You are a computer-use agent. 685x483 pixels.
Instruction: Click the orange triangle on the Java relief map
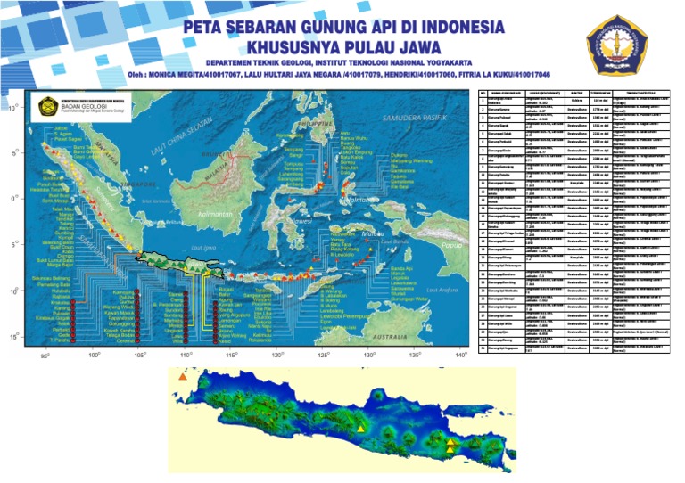(182, 378)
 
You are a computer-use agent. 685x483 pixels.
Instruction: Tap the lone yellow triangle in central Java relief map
(360, 430)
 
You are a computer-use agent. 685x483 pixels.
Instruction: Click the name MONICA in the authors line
(186, 75)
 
